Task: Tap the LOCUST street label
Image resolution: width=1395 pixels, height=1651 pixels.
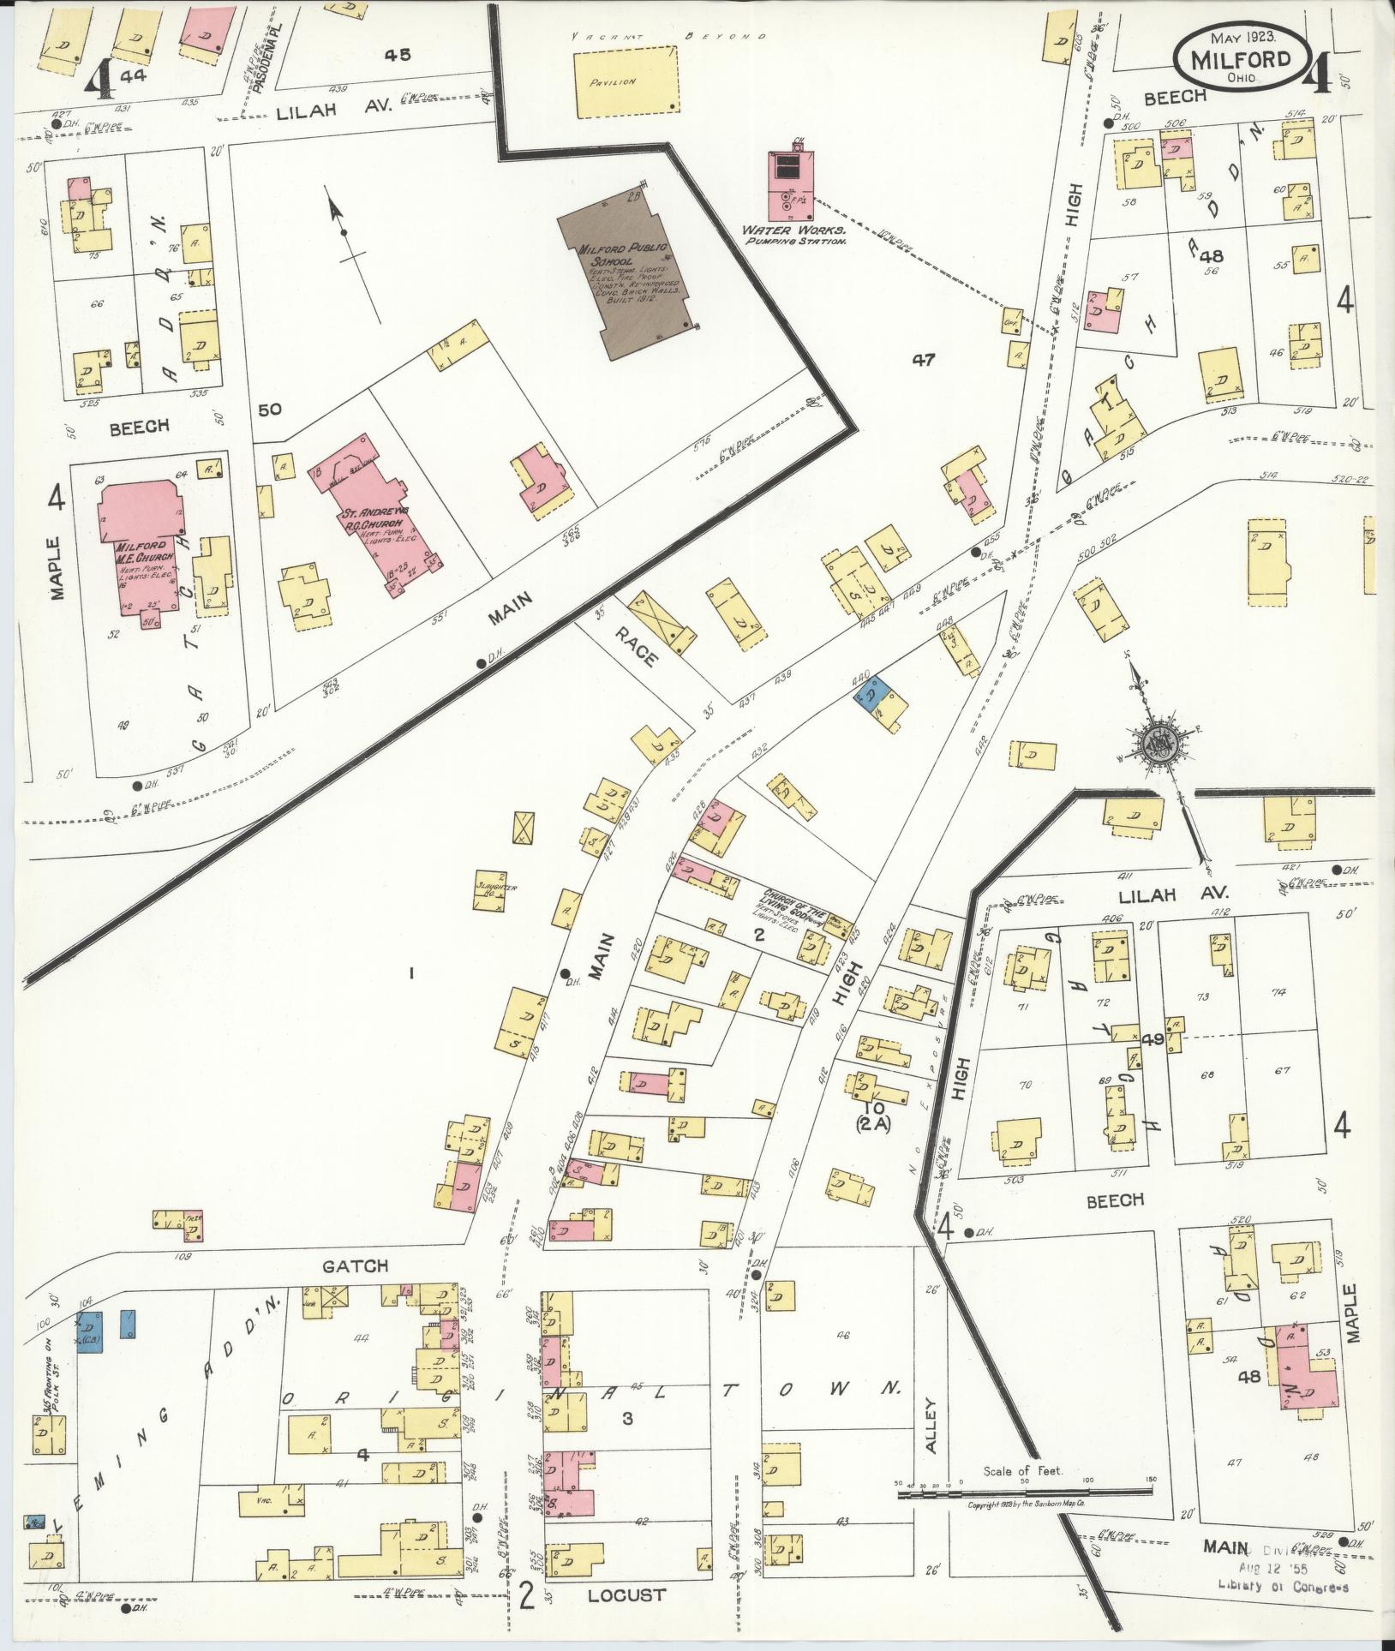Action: click(626, 1595)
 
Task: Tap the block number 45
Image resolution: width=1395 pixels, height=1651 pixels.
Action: click(397, 55)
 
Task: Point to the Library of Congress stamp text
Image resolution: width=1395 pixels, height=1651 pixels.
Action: click(1283, 1586)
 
